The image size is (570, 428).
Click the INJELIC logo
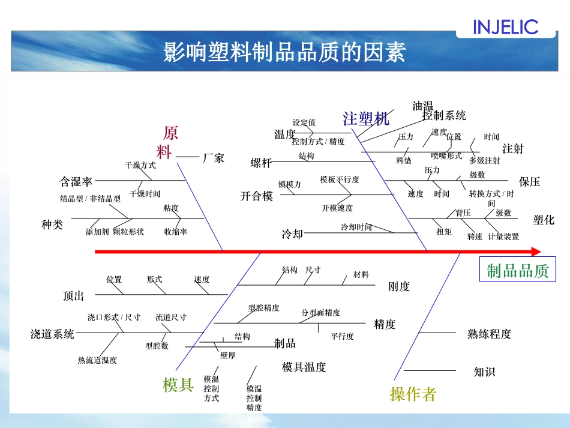(x=505, y=27)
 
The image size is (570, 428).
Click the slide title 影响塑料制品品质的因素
(x=284, y=52)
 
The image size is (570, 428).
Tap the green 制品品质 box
(x=517, y=271)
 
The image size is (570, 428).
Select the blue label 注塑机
(x=366, y=119)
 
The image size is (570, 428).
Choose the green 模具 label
(x=178, y=385)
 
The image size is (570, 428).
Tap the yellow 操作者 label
(x=413, y=394)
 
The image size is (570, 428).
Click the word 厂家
(x=214, y=158)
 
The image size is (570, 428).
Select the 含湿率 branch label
(x=76, y=181)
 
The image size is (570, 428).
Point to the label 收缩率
(x=176, y=232)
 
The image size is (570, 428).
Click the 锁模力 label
(x=289, y=184)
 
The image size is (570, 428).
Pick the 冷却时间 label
(x=356, y=227)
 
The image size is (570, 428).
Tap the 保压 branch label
(x=529, y=181)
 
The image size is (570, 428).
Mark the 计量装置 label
(x=503, y=237)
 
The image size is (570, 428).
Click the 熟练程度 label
(x=489, y=334)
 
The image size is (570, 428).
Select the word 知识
(x=484, y=372)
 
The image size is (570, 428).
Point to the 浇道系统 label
(x=52, y=334)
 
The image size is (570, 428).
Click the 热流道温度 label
(x=97, y=360)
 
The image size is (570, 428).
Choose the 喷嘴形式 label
(x=446, y=155)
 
